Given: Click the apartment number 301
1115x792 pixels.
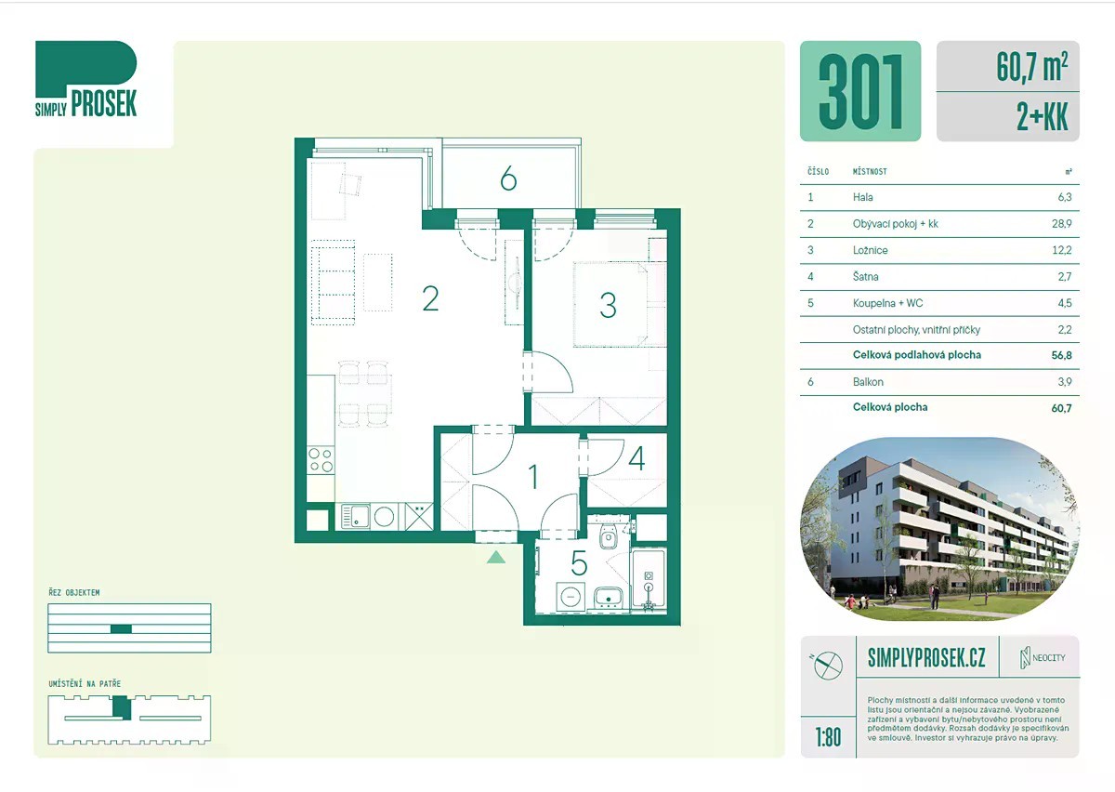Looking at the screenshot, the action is click(x=860, y=91).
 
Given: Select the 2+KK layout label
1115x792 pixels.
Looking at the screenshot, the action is click(x=1042, y=117).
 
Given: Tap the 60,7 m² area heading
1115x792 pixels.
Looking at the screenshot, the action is click(x=1032, y=67).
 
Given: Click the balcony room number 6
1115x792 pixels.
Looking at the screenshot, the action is click(x=508, y=178).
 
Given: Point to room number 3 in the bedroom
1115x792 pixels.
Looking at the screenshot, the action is click(x=608, y=305).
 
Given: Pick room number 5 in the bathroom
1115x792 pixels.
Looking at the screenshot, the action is click(x=579, y=563).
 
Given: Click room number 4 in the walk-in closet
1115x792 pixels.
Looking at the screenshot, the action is click(x=637, y=458).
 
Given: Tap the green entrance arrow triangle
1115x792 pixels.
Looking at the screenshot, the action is click(x=496, y=557).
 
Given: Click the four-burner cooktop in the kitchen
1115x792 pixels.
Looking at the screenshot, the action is click(x=321, y=460).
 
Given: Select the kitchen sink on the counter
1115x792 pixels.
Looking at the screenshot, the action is click(x=356, y=516).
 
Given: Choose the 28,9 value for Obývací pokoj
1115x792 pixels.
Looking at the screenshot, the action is click(x=1061, y=224).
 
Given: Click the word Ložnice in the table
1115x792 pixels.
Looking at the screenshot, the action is click(x=870, y=250).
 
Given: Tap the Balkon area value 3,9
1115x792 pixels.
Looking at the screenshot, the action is click(x=1065, y=382).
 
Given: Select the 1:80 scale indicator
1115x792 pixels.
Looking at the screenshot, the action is click(x=828, y=737).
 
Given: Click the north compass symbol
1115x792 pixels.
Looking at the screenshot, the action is click(x=828, y=666).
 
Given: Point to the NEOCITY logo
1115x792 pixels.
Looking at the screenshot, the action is click(x=1043, y=657).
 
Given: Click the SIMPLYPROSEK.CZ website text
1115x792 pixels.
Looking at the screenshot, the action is click(x=926, y=658).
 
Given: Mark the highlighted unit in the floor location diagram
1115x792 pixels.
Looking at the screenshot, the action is click(x=121, y=707).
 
